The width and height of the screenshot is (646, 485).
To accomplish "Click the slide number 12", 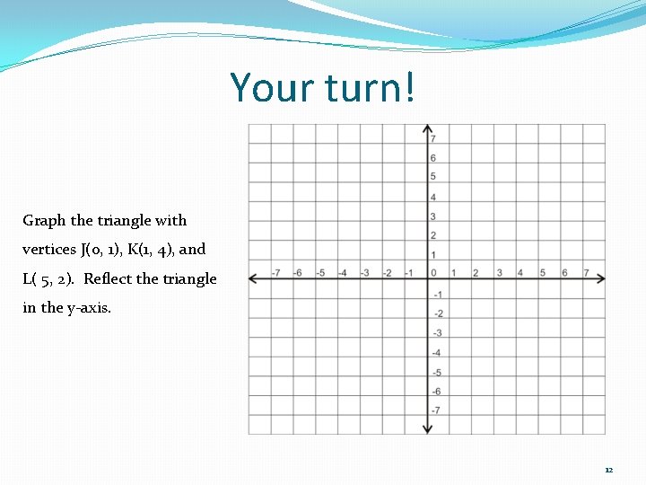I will coord(608,470).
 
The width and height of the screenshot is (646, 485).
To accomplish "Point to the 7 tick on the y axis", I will coord(433,139).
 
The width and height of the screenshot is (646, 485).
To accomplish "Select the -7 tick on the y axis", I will coord(436,410).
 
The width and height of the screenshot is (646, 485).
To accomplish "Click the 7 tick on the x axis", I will coord(586,273).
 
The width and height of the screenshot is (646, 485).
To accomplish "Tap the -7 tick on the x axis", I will coord(275,273).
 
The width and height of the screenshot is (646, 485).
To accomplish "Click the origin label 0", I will coord(433,273).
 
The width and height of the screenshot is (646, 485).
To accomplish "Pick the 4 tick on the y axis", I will coord(433,198).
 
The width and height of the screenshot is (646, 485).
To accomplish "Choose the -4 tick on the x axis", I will coord(342,273).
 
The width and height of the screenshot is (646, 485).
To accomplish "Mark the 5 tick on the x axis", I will coord(542,273).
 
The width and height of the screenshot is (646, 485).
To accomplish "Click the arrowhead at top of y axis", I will coord(428,128).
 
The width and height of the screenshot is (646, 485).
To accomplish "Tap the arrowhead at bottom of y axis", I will coord(428,429).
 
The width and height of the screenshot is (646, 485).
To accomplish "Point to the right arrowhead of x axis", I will coord(600,278).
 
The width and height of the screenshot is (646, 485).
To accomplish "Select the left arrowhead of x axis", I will coord(254,278).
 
